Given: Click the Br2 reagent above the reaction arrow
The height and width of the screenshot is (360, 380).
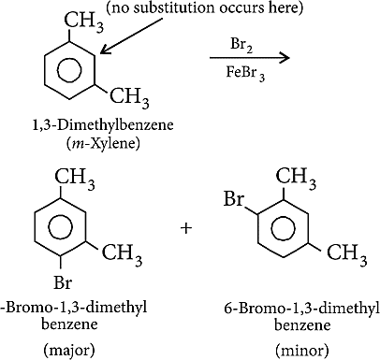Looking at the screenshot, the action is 241,46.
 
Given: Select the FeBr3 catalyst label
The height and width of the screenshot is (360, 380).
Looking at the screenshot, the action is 245,74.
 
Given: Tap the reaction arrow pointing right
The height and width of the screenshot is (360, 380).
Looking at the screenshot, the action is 250,58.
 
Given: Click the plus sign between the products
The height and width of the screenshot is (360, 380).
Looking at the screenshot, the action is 186,228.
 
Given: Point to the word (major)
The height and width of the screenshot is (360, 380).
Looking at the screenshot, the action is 69,351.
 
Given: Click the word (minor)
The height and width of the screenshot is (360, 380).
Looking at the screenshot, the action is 302,351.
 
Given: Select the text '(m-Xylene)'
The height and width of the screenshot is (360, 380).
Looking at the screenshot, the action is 103,143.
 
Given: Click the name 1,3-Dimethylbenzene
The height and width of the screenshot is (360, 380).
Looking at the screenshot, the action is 103,125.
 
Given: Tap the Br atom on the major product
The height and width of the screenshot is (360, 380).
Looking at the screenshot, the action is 63,282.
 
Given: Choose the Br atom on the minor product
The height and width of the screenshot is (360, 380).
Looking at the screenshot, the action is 233,198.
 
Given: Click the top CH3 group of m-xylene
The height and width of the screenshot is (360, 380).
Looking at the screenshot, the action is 84,22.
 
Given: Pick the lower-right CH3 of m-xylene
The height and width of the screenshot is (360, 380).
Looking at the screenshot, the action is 129,97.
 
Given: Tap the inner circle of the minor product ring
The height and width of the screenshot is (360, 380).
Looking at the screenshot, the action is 284,228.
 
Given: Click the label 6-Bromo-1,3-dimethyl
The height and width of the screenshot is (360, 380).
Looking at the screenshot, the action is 301,309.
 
